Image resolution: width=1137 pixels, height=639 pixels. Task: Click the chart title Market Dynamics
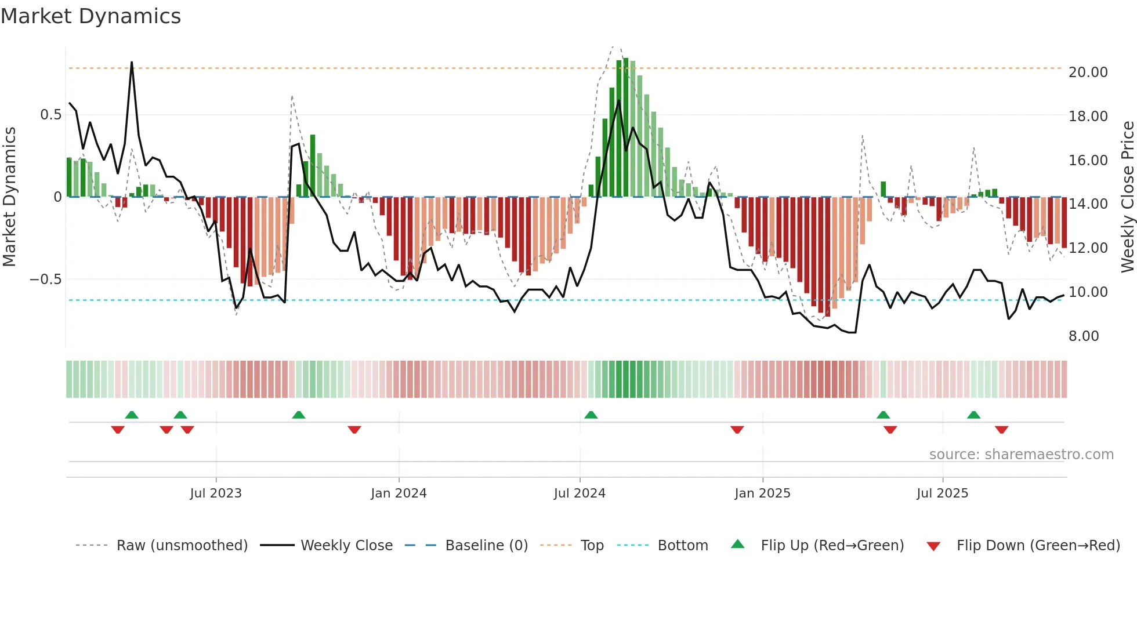coord(90,16)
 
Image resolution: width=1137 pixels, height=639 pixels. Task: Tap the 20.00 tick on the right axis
coord(1088,72)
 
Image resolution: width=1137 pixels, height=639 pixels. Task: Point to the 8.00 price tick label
coord(1083,336)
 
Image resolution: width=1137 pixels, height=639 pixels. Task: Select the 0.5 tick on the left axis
coord(50,115)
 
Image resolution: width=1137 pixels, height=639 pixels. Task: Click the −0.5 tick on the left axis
coord(46,279)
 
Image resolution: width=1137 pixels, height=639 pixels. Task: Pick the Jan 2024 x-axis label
coord(399,493)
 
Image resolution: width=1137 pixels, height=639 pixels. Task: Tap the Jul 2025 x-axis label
coord(942,493)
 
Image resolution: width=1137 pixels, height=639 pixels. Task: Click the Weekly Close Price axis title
coord(1127,197)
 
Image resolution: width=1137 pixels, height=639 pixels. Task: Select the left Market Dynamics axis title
coord(9,197)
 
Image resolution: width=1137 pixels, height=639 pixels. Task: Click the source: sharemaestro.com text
coord(1021,455)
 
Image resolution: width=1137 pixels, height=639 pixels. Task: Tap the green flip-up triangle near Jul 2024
coord(591,415)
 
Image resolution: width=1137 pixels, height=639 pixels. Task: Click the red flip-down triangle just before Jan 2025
coord(737,430)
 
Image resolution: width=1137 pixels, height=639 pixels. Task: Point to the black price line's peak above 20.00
coord(132,63)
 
